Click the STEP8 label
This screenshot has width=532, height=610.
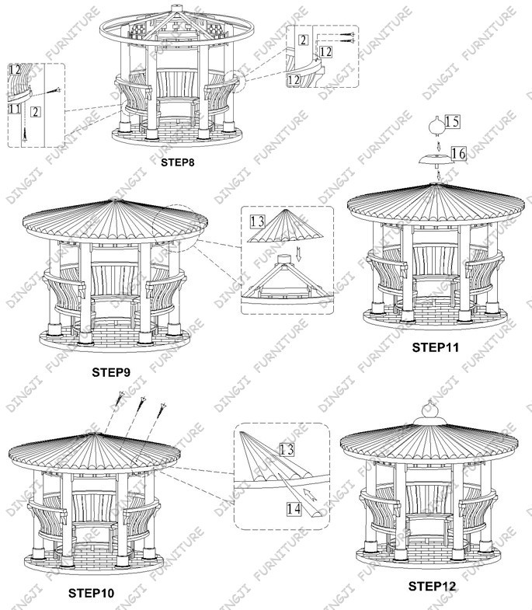(x=177, y=162)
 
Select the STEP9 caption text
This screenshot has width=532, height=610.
(x=111, y=372)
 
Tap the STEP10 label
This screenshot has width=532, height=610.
(x=92, y=593)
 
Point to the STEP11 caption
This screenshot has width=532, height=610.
(x=436, y=347)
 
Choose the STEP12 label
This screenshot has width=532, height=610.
(x=432, y=586)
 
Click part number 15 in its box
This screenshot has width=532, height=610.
(x=452, y=121)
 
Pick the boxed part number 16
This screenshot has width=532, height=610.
(x=458, y=153)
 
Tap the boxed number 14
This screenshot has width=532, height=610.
(x=294, y=509)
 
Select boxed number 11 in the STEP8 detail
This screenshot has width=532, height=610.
(x=14, y=109)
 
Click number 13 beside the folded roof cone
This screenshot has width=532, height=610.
(x=257, y=221)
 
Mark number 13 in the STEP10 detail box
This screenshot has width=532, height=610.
(x=287, y=449)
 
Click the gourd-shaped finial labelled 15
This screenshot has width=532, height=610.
(x=436, y=126)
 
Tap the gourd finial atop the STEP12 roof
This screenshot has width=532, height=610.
(x=429, y=412)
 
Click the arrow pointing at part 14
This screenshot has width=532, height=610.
(x=310, y=494)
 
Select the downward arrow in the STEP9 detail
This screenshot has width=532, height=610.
(x=298, y=253)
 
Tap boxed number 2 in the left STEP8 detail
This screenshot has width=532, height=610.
(x=36, y=112)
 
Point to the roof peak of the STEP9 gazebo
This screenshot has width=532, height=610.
(x=115, y=200)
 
